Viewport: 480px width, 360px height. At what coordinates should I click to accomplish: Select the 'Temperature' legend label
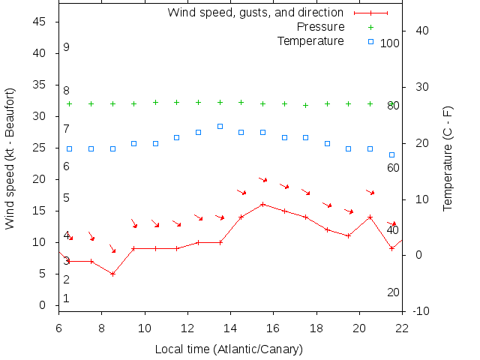click(310, 40)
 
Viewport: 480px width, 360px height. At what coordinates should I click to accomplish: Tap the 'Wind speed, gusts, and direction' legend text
click(255, 13)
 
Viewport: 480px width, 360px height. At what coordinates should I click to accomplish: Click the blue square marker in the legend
click(370, 41)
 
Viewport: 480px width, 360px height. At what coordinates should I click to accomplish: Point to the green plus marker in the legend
click(370, 27)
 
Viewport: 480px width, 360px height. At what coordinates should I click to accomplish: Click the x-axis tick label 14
click(230, 327)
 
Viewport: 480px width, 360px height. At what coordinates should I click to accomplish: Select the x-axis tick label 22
click(402, 327)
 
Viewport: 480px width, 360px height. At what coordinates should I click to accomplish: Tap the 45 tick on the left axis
click(41, 22)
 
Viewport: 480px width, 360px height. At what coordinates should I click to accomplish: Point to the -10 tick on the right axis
click(421, 310)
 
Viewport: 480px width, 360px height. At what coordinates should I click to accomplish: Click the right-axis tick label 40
click(421, 31)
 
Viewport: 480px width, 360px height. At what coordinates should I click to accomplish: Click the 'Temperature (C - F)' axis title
click(448, 158)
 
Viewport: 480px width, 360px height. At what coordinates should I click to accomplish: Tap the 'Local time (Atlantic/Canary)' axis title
click(229, 349)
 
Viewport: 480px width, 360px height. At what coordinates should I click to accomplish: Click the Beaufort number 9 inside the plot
click(66, 47)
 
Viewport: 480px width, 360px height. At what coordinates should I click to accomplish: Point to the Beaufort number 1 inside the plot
click(66, 298)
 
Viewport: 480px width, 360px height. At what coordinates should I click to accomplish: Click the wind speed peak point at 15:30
click(262, 204)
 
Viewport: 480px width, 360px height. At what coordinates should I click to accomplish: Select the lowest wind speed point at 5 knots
click(112, 274)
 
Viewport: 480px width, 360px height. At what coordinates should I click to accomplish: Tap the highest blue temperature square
click(220, 126)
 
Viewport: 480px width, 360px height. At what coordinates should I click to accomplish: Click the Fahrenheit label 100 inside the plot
click(390, 43)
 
